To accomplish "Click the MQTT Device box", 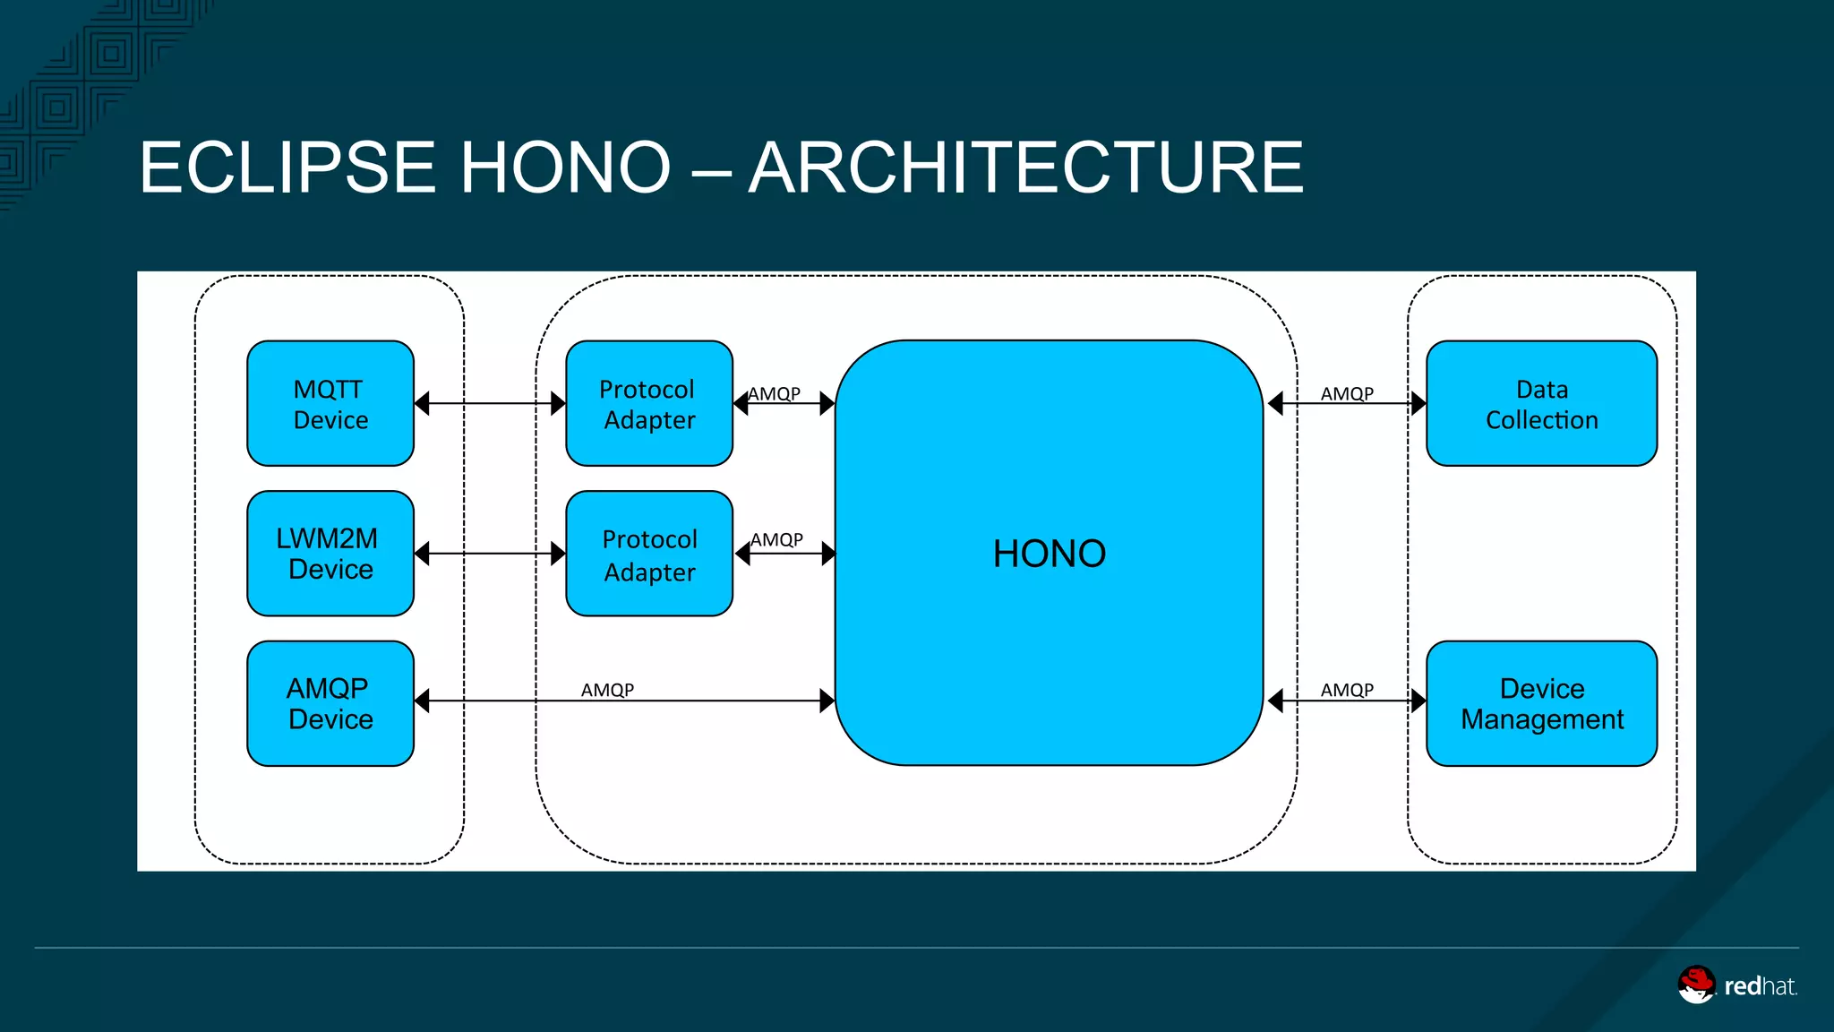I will point(330,403).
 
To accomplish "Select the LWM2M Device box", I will point(330,554).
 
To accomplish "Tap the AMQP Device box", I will point(330,703).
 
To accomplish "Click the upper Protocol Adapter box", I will point(649,403).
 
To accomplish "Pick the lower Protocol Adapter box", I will point(649,554).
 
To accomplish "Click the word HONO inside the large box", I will point(1049,554).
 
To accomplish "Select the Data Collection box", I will point(1541,403).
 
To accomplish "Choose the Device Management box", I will point(1541,703).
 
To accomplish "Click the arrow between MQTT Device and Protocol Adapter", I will point(490,403).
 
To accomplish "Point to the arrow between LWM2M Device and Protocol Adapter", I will point(490,554).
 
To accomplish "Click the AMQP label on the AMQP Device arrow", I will point(607,690).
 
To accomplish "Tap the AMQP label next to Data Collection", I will point(1347,393).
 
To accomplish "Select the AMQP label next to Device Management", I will point(1347,690).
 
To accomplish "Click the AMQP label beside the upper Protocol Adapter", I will point(775,393).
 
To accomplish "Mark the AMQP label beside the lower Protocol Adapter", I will point(777,539).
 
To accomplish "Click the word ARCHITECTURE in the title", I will point(1025,168).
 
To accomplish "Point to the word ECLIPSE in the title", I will point(287,168).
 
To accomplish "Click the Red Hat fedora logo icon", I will point(1696,985).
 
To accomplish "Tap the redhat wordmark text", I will point(1760,986).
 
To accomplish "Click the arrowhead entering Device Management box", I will point(1418,701).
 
